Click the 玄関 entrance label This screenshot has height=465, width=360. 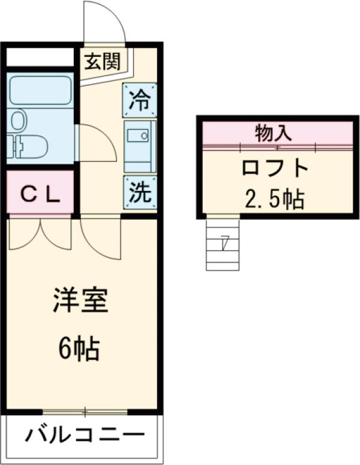(x=102, y=61)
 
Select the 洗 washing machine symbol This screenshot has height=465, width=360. (x=140, y=191)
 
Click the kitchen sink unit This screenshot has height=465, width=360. (x=140, y=144)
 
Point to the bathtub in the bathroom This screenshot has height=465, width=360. (x=40, y=90)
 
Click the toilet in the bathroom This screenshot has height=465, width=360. (x=30, y=145)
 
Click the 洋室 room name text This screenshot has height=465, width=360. (x=80, y=300)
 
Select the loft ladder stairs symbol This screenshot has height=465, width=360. (x=223, y=244)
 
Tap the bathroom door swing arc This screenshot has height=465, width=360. (x=96, y=143)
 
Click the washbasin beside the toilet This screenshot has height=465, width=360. (x=19, y=120)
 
